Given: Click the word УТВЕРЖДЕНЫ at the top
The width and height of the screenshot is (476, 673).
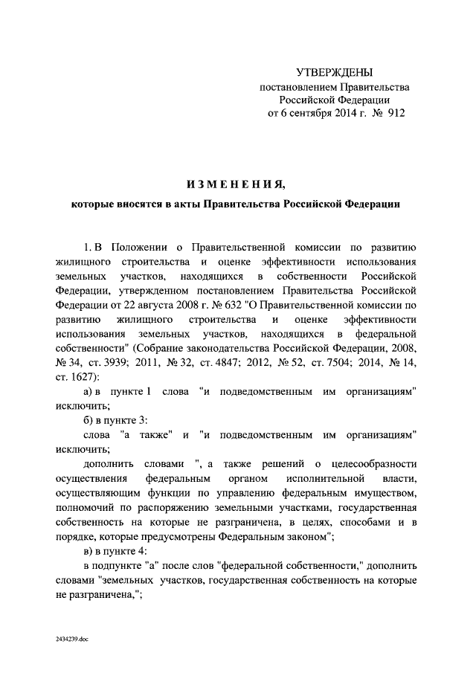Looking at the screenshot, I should coord(333,73).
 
